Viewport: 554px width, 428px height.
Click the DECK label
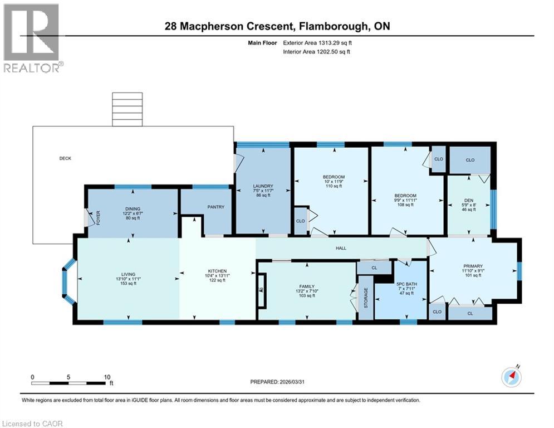click(65, 158)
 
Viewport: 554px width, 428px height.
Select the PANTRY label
click(215, 207)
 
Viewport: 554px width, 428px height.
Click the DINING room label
click(133, 207)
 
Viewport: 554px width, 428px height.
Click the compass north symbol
click(511, 377)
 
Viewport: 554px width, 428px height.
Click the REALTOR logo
click(31, 37)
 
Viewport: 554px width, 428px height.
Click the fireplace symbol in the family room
click(261, 290)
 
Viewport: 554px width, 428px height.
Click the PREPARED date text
click(278, 382)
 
